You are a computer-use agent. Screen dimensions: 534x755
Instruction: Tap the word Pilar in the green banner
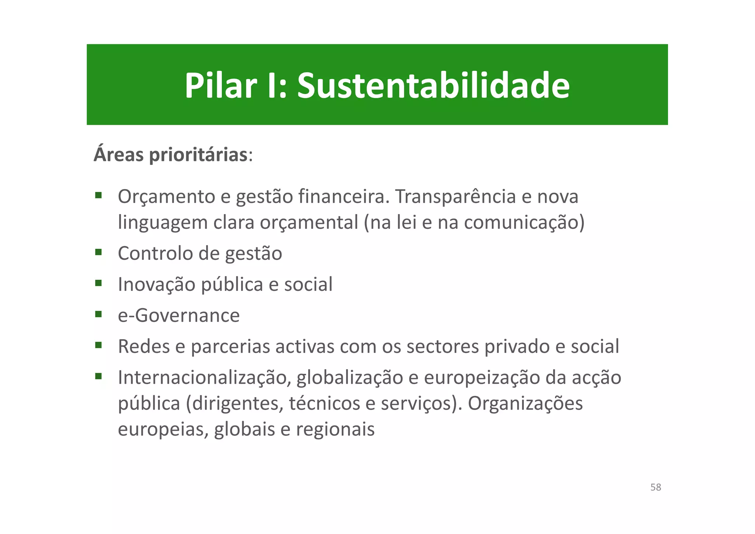point(220,86)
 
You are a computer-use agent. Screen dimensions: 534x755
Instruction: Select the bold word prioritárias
point(198,155)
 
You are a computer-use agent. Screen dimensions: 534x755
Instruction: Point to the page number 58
point(655,487)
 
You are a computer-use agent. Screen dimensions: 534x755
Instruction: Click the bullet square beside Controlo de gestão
point(98,252)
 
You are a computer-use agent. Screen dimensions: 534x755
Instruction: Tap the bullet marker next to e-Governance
point(98,314)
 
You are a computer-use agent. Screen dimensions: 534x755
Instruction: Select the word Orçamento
point(166,197)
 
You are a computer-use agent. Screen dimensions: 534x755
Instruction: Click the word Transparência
point(455,197)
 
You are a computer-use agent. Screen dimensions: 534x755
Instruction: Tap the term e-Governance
point(179,316)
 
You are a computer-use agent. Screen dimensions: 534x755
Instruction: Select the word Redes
point(144,347)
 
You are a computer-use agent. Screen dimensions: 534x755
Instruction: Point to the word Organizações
point(525,403)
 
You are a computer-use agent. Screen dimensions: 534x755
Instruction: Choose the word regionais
point(335,429)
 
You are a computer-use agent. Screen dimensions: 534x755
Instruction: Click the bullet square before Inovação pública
point(98,283)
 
